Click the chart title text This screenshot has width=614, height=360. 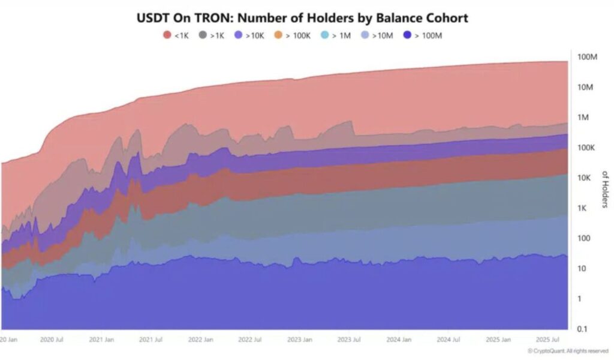tap(302, 18)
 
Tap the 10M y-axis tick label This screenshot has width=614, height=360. tap(586, 87)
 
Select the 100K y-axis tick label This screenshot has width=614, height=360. tap(585, 148)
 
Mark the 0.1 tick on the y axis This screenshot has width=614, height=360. tap(582, 329)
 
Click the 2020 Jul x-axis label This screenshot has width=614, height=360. tap(52, 339)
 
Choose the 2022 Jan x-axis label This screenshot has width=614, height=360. tap(200, 339)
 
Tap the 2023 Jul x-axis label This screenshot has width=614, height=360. tap(348, 339)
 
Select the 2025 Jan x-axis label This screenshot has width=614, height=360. tap(497, 339)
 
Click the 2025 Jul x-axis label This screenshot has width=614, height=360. tap(547, 339)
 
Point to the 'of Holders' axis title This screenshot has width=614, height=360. tap(604, 190)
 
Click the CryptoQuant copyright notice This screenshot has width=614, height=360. tap(567, 350)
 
